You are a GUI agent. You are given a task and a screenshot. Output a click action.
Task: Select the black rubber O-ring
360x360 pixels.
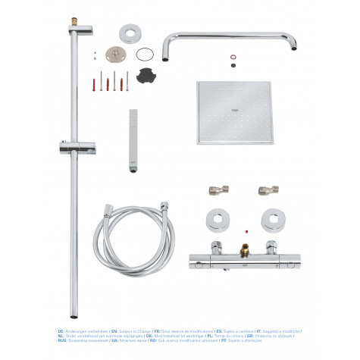click(146, 54)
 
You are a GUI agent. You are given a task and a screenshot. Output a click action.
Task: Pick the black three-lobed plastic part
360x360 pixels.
click(146, 75)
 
